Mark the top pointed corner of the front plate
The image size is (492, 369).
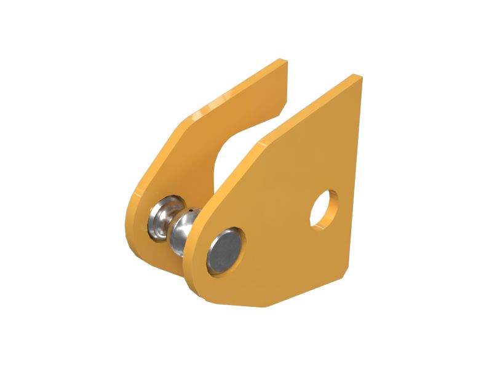click(355, 77)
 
